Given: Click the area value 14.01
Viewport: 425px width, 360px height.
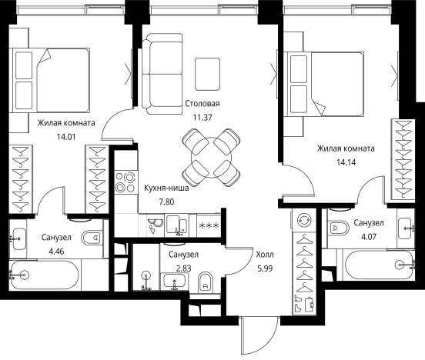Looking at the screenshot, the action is tap(66, 137).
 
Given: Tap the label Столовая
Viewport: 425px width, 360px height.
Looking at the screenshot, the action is tap(202, 104).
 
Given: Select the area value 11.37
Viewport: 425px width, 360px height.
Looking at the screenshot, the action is tap(202, 118).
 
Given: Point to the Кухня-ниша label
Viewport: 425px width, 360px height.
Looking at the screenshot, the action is tap(166, 188).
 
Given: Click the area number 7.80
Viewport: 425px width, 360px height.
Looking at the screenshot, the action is tap(166, 202).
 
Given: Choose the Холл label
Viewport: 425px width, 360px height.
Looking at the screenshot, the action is tap(265, 255).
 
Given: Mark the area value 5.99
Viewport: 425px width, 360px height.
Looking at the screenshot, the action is tap(265, 268).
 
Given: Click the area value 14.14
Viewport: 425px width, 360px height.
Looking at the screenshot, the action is tap(346, 162).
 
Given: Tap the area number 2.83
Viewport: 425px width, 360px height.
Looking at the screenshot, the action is tap(183, 268).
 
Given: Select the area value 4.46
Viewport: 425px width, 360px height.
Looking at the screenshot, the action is tap(56, 252).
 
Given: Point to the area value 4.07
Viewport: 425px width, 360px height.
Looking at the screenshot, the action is tap(369, 237).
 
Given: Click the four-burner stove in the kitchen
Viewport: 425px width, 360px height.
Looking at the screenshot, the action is tap(125, 182).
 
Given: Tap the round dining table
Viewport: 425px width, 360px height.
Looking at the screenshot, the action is tap(212, 158).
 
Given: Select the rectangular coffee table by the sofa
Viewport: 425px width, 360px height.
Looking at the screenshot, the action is tap(208, 74).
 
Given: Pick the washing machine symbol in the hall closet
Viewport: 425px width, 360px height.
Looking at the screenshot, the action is tap(304, 220).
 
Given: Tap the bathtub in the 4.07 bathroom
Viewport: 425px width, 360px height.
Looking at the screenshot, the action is tap(378, 265).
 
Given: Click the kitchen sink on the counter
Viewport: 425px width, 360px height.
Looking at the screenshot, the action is tap(176, 225).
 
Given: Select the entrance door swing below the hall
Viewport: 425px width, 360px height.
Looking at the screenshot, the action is tap(259, 336).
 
